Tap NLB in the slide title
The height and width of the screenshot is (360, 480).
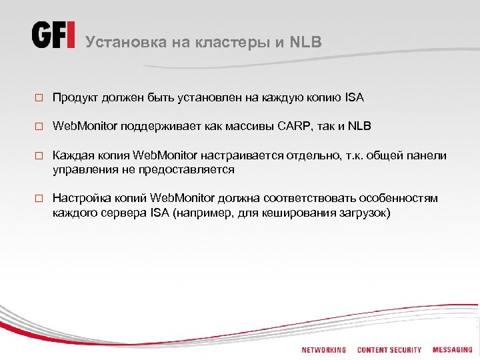[x=306, y=42]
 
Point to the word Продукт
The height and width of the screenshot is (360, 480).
[x=74, y=98]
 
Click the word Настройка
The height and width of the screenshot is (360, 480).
[x=77, y=199]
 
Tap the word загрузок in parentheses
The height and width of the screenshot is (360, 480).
[x=367, y=213]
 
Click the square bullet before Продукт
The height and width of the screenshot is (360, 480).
[x=39, y=98]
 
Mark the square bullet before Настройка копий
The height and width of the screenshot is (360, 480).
[x=39, y=199]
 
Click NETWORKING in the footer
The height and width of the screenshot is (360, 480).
[x=323, y=350]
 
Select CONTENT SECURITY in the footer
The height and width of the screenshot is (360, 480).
[x=389, y=350]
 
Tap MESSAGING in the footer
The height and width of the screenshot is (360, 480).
[x=452, y=350]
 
